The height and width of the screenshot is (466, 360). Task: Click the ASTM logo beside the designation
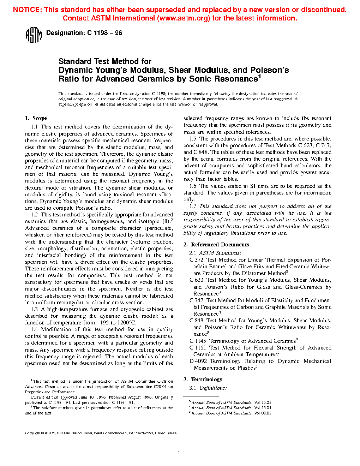pyautogui.click(x=34, y=35)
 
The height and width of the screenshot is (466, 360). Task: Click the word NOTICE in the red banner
pyautogui.click(x=27, y=10)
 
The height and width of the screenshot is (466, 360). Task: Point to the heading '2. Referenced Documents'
pyautogui.click(x=216, y=245)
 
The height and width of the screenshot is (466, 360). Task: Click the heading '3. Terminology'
pyautogui.click(x=203, y=380)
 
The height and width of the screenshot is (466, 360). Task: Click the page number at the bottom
pyautogui.click(x=178, y=450)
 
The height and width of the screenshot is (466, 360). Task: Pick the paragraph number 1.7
pyautogui.click(x=193, y=206)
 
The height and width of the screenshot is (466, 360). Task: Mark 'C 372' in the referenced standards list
pyautogui.click(x=196, y=260)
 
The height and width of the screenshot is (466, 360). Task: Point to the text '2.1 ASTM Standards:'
pyautogui.click(x=215, y=253)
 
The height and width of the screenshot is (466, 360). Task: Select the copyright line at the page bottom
pyautogui.click(x=101, y=433)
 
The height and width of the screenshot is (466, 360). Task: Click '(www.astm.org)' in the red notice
pyautogui.click(x=184, y=18)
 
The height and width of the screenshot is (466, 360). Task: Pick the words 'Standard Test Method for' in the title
pyautogui.click(x=105, y=61)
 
